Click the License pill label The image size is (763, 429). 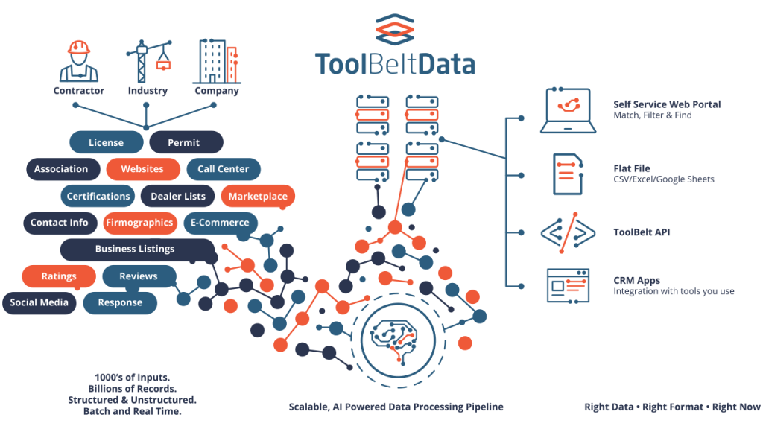pos(106,142)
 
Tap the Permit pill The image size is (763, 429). pos(184,142)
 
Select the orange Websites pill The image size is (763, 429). pos(142,169)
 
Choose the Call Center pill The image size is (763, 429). pos(223,169)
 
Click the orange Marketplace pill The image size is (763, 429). pos(258,196)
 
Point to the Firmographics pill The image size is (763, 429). pos(139,222)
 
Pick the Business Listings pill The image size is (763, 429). pos(135,249)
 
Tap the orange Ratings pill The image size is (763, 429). pos(59,276)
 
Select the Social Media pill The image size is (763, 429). pos(39,302)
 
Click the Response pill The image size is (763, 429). pos(120,302)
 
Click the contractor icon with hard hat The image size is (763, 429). pos(78,61)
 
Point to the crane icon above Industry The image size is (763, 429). pos(146,61)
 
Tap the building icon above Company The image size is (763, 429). pos(216,61)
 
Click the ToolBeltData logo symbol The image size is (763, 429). pos(394,30)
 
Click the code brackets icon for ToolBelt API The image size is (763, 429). pos(568,232)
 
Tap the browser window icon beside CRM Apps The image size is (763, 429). pos(568,285)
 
